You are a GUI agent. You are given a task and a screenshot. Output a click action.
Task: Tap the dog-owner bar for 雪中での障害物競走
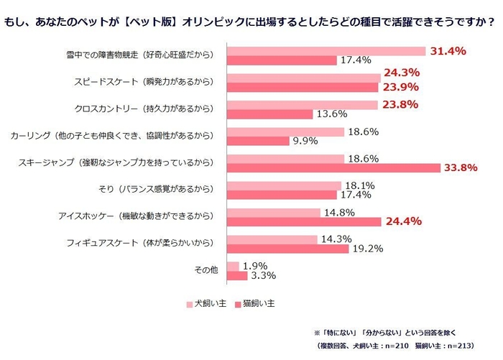point(327,51)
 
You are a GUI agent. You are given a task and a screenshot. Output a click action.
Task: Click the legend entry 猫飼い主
point(254,305)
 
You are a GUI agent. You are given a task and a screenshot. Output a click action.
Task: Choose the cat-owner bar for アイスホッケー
point(304,222)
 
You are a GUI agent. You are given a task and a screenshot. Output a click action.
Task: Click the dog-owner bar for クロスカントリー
point(303,104)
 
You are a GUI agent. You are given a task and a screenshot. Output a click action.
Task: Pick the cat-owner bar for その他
point(237,275)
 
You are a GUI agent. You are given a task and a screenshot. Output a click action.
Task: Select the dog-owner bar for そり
point(284,186)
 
